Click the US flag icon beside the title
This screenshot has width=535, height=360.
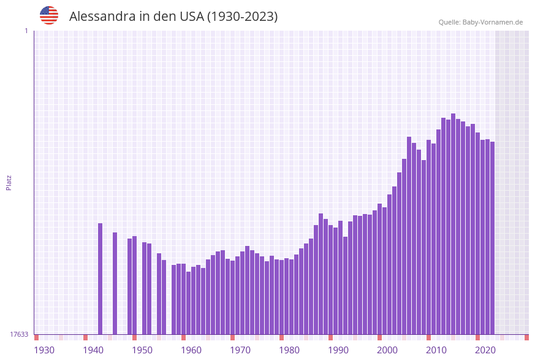tap(49, 15)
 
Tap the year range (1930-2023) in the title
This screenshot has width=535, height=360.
tap(242, 17)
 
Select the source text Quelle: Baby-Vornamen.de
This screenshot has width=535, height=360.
tap(480, 22)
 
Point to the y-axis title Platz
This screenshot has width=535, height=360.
tap(9, 182)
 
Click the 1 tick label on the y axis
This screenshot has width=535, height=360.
tap(26, 31)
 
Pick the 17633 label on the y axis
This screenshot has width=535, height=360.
tap(19, 334)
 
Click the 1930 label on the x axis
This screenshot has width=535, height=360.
tap(44, 350)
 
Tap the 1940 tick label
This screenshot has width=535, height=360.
tap(93, 350)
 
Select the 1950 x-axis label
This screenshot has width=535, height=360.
tap(142, 350)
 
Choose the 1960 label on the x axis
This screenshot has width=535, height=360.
tap(191, 350)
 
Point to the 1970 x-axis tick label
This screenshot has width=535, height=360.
tap(240, 350)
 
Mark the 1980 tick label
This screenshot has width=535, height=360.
tap(289, 350)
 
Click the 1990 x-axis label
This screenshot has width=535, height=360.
tap(338, 350)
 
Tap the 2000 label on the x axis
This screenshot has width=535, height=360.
tap(387, 350)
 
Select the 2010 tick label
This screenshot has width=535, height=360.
tap(436, 350)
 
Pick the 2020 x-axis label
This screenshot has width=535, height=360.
tap(485, 350)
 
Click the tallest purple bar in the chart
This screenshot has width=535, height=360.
tap(453, 224)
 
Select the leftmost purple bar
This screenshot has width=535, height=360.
tap(100, 278)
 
